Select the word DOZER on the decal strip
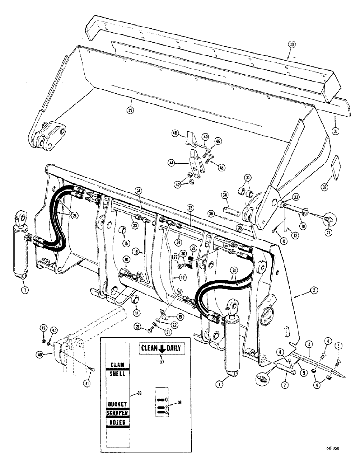coord(117,422)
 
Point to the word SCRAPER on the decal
coord(117,413)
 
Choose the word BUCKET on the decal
coord(117,404)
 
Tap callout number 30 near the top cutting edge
coord(291,45)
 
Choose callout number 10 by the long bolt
coord(304,226)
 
